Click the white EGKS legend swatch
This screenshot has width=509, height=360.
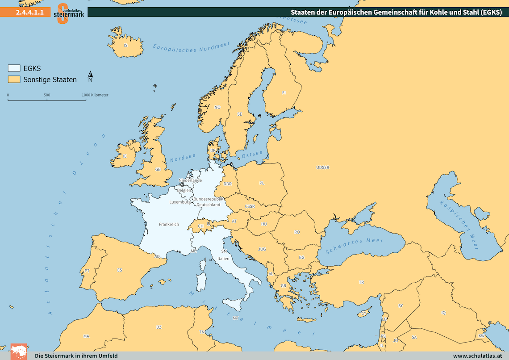14,68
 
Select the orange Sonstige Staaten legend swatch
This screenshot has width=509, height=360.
14,80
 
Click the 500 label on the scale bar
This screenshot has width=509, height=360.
47,95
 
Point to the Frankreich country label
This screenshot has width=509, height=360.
169,224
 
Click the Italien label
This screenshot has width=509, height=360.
223,259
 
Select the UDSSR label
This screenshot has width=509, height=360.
322,167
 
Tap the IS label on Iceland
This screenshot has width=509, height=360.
125,45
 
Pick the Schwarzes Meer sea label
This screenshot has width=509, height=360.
355,245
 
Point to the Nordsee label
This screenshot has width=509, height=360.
183,158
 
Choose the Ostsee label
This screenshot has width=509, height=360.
252,154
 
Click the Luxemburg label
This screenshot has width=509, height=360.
179,202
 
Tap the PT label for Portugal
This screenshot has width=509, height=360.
87,271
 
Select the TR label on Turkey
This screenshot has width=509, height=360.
361,282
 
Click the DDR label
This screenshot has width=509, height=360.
228,184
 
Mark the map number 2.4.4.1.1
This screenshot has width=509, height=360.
29,13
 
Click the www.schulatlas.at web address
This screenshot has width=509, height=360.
477,356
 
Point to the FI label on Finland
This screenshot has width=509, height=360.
284,93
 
